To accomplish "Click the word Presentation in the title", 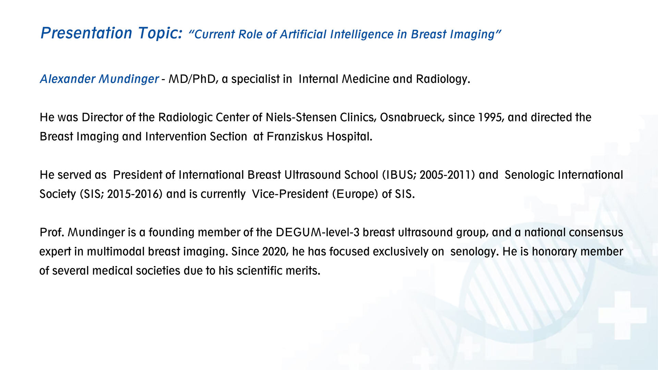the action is pos(86,33).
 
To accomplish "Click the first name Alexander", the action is pos(68,79).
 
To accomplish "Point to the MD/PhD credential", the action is pos(192,79).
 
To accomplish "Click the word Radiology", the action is pos(443,79).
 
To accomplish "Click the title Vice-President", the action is pos(290,194).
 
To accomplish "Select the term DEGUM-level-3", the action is pos(318,232).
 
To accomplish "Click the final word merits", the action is pos(304,271).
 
